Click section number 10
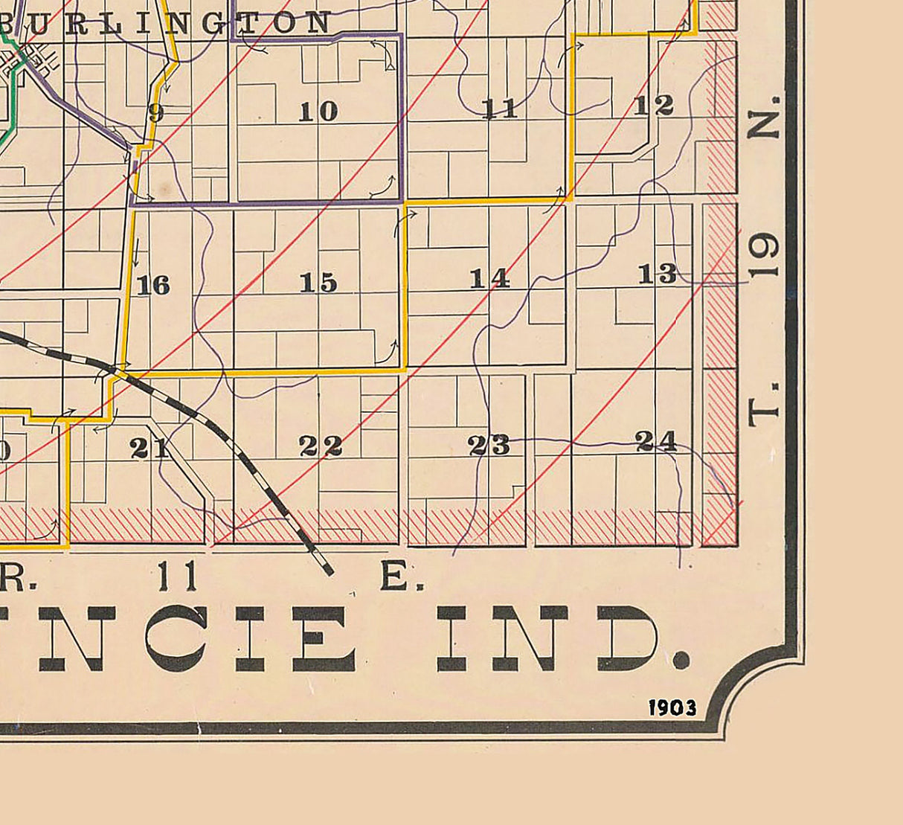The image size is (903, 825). tap(318, 112)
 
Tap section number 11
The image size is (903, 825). tap(499, 109)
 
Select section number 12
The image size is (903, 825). tap(654, 106)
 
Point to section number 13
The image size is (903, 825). tap(658, 274)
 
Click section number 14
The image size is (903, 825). tap(489, 278)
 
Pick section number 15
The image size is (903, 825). tap(318, 283)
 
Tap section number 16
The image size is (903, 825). tap(153, 285)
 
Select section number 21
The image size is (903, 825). tap(150, 448)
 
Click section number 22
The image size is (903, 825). tap(321, 446)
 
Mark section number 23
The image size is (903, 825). tap(489, 445)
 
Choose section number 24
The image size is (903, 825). tap(657, 441)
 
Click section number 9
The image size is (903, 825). tap(155, 113)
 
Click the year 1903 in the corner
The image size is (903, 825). tap(672, 707)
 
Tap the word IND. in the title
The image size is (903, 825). tap(562, 638)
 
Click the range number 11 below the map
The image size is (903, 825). tap(177, 576)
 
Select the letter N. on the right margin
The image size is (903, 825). tap(764, 117)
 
